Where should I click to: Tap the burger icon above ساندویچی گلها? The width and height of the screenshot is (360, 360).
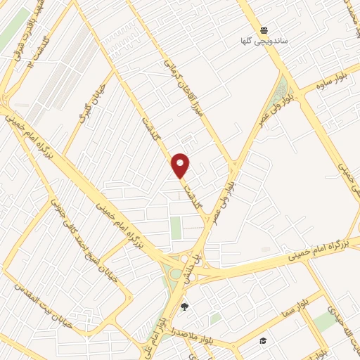pos(264,30)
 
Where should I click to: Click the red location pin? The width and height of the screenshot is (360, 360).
pos(181,165)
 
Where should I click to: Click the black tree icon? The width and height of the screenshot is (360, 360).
pos(184,307)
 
